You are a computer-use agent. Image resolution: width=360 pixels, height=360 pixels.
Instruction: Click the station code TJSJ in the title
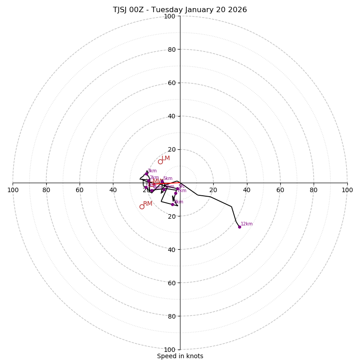click(122, 10)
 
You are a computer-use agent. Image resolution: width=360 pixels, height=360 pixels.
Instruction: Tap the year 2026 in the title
click(237, 10)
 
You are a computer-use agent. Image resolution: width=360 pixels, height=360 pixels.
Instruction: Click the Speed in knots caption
click(180, 356)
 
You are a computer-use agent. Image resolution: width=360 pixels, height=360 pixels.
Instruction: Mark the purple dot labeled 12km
click(239, 227)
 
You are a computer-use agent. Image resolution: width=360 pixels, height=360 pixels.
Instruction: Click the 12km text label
click(247, 224)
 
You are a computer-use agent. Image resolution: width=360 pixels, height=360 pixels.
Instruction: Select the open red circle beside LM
click(160, 162)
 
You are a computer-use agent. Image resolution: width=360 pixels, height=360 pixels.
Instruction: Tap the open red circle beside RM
click(142, 207)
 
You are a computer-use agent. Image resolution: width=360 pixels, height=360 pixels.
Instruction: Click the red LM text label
click(166, 158)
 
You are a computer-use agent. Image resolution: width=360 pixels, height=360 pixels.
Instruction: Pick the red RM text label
click(148, 204)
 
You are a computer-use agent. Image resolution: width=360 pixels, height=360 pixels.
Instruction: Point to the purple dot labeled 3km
click(147, 174)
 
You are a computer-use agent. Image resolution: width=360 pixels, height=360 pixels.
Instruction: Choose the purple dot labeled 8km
click(172, 204)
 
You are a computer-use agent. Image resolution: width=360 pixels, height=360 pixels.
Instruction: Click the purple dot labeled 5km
click(162, 182)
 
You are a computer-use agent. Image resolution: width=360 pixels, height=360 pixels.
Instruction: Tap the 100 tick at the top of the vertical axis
click(170, 16)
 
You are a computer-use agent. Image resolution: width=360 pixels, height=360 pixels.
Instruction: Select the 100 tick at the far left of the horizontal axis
click(13, 190)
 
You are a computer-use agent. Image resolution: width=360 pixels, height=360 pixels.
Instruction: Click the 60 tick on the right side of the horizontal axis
click(280, 190)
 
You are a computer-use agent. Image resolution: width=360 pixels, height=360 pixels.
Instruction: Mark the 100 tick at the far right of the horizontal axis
click(347, 190)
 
